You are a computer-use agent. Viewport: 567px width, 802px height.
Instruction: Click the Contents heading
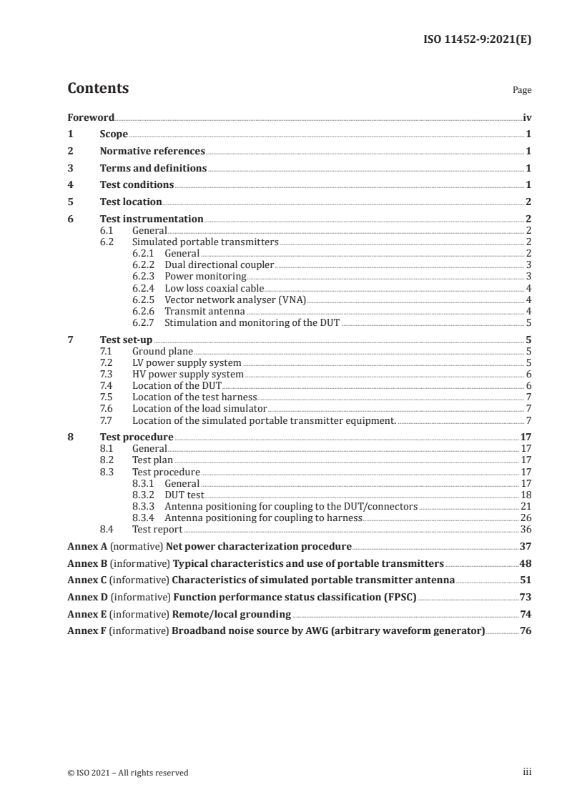click(x=98, y=89)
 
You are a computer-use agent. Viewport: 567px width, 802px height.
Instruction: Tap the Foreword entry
click(x=91, y=117)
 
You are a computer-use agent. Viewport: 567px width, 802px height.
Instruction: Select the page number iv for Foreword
click(x=526, y=117)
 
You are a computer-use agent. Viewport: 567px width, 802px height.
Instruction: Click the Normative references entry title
click(x=152, y=152)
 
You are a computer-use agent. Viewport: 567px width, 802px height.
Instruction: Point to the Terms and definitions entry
click(x=153, y=169)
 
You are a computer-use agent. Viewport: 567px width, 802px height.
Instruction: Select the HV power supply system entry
click(x=188, y=375)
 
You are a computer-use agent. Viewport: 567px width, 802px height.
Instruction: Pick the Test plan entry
click(x=152, y=460)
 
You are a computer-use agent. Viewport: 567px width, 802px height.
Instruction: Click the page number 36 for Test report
click(x=526, y=530)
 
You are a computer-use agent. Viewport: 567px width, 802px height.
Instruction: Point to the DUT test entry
click(x=184, y=495)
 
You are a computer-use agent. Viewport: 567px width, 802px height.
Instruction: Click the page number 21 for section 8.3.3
click(x=526, y=506)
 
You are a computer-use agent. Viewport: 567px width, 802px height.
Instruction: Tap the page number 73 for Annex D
click(x=525, y=596)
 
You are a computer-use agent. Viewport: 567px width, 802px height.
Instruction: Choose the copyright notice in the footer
click(x=128, y=773)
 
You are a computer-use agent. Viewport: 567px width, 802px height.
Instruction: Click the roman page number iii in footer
click(x=527, y=772)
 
